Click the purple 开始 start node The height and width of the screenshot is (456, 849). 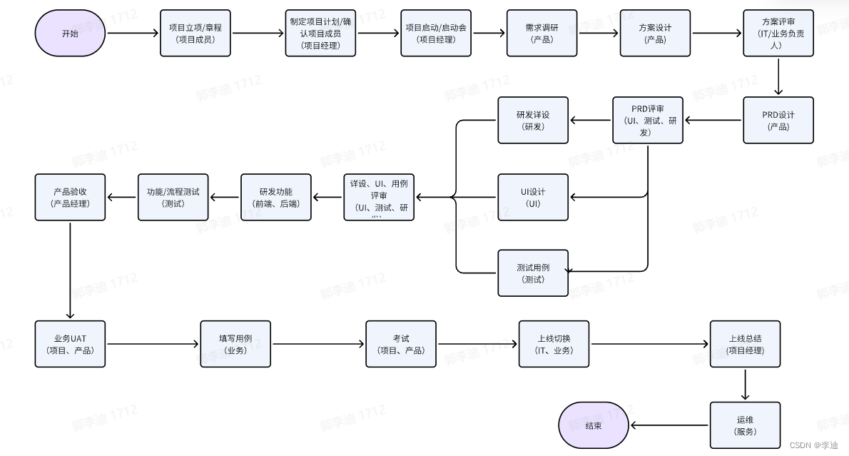[x=71, y=33]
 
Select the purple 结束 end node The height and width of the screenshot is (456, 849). [x=593, y=425]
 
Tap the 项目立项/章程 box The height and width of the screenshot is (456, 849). [x=195, y=33]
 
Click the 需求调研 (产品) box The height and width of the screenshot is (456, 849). [x=542, y=33]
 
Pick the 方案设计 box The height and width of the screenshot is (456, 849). [x=655, y=33]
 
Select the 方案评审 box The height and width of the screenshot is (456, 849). [x=778, y=33]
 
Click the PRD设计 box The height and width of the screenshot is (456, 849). [x=778, y=120]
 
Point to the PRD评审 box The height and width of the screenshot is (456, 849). [x=647, y=120]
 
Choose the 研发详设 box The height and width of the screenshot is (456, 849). [x=533, y=120]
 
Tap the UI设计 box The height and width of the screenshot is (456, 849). [x=533, y=197]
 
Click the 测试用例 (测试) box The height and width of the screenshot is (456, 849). [x=533, y=273]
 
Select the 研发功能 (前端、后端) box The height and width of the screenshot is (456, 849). [x=276, y=197]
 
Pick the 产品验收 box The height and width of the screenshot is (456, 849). [x=70, y=197]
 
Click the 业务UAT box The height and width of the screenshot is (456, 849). [x=70, y=344]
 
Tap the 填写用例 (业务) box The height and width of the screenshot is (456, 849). [x=235, y=344]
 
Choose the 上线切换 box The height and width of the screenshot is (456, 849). [x=554, y=344]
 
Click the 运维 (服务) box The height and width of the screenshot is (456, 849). [x=745, y=425]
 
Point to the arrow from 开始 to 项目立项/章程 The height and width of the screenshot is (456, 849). [x=133, y=33]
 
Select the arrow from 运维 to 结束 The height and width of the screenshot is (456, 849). [x=669, y=425]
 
